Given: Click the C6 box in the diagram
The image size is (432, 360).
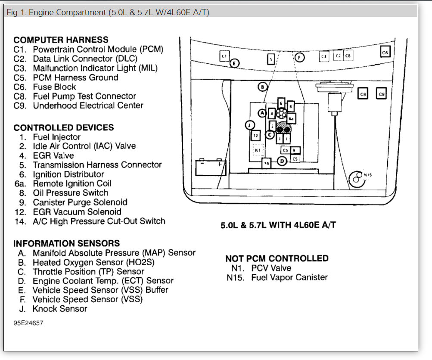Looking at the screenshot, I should click(385, 52).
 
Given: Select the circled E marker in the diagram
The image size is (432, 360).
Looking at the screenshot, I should click(234, 63).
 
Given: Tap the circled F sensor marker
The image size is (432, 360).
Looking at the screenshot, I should click(299, 57).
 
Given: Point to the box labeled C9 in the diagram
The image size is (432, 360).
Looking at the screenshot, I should click(381, 93).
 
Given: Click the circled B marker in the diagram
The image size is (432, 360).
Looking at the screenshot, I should click(262, 87).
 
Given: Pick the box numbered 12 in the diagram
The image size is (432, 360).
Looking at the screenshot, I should click(256, 135).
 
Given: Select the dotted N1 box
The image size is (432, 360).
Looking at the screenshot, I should click(258, 150).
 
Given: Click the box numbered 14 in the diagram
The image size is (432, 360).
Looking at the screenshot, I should click(267, 164).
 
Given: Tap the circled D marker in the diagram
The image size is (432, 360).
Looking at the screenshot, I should click(281, 161).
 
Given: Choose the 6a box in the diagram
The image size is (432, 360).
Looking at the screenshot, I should click(291, 118).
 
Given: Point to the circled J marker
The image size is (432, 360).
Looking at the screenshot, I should click(249, 125).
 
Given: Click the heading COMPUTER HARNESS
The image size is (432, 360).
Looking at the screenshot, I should click(61, 40).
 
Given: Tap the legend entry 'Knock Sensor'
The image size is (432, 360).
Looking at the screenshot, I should click(59, 309).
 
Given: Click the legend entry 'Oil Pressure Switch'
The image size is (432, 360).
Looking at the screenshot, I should click(70, 193).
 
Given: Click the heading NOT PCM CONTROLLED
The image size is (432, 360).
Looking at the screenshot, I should click(277, 258).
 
